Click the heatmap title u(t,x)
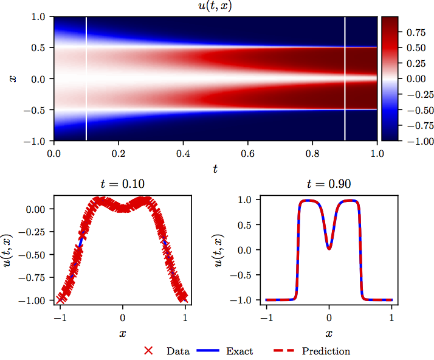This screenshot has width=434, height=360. pyautogui.click(x=215, y=7)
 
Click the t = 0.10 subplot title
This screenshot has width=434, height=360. pyautogui.click(x=122, y=185)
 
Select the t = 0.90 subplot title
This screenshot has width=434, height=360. pyautogui.click(x=329, y=185)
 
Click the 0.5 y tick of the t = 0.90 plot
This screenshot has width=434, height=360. pyautogui.click(x=245, y=224)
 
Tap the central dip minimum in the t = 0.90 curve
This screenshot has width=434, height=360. pyautogui.click(x=329, y=247)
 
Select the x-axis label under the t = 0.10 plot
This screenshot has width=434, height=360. pyautogui.click(x=122, y=334)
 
